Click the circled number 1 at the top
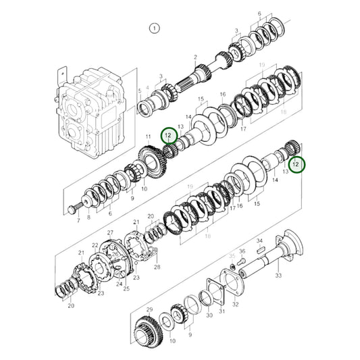[x=154, y=28]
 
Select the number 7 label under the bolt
[x=78, y=221]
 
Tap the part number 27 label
[x=111, y=233]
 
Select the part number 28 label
[x=157, y=267]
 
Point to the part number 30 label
[x=209, y=314]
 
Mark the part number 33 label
[x=278, y=275]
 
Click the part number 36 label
[x=244, y=251]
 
